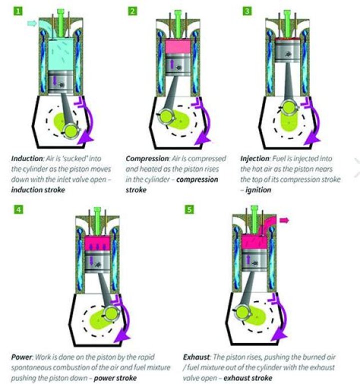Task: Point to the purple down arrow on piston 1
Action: click(54, 80)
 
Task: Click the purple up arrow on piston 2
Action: click(172, 63)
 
